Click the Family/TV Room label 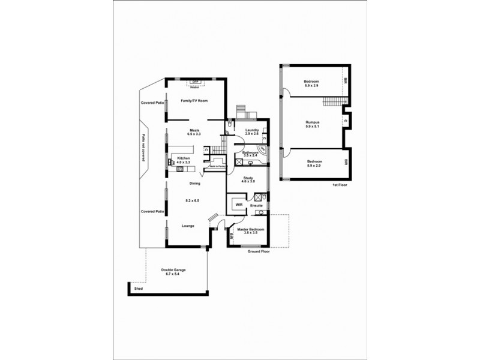click(194, 101)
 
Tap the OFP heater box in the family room click(195, 82)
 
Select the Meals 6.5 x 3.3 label click(194, 132)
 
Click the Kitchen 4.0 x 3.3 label click(183, 160)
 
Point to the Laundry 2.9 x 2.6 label click(251, 131)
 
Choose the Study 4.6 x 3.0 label click(248, 180)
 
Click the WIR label click(238, 205)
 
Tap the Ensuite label click(256, 206)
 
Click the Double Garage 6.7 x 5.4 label click(173, 272)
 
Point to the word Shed click(138, 289)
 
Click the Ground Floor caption click(259, 252)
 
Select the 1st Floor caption click(340, 185)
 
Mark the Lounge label click(188, 226)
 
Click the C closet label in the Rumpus click(347, 120)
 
